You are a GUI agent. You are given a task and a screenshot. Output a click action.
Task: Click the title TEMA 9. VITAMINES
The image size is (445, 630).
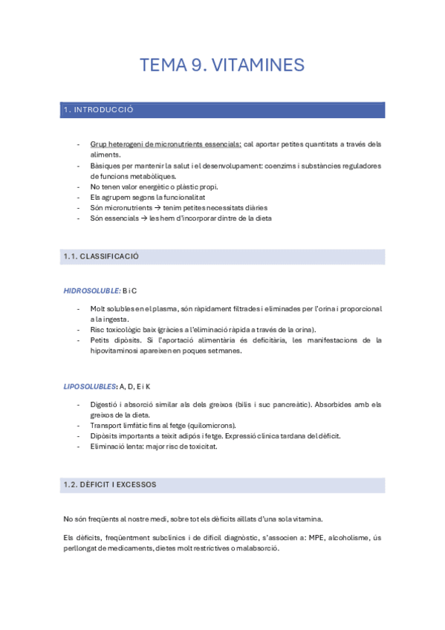click(222, 65)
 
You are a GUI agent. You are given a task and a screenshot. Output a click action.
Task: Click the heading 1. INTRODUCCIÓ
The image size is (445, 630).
click(99, 110)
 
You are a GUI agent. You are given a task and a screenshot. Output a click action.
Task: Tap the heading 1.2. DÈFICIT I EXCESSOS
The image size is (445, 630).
click(109, 484)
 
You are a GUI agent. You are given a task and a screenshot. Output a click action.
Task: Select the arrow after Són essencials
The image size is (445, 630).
click(143, 218)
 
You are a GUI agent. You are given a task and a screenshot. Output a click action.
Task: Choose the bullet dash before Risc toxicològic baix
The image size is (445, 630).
click(79, 329)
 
